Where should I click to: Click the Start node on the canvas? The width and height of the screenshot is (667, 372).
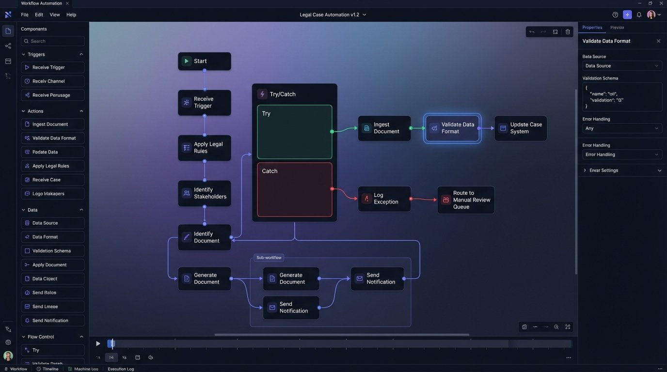coord(204,61)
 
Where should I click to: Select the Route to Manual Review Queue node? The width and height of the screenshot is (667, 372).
coord(465,200)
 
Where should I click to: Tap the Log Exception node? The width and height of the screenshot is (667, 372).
coord(384,199)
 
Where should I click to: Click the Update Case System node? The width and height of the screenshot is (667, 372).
coord(520,128)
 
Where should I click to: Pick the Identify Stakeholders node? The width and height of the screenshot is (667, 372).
coord(204,193)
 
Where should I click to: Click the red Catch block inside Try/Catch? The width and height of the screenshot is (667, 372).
coord(294,189)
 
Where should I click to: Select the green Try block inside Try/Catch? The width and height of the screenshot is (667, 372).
coord(294,132)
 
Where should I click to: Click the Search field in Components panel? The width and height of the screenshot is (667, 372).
coord(53,41)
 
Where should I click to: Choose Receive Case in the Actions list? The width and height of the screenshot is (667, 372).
coord(53,180)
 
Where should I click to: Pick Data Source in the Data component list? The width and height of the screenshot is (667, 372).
coord(53,223)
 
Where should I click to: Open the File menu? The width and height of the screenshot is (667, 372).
coord(25,15)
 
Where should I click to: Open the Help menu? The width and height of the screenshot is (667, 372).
coord(71,15)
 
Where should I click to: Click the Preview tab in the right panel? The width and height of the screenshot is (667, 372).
coord(617,28)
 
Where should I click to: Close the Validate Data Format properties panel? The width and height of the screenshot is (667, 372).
coord(658,41)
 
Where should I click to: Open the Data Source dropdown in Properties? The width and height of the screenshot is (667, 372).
coord(622,66)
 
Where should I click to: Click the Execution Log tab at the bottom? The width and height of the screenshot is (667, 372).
coord(121,369)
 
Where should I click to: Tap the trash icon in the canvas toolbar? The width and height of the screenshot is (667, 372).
coord(568,32)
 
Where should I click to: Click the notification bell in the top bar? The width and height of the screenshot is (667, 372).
coord(639,15)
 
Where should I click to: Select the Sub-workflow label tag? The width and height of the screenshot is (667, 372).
coord(269,258)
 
